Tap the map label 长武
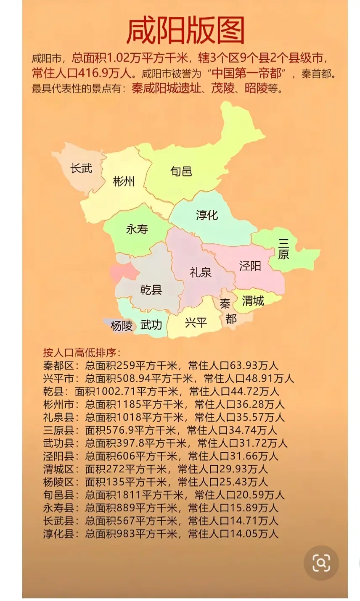coord(81,168)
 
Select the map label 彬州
coord(124,181)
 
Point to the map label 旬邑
coord(181,171)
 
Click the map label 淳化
coord(207,215)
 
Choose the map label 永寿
coord(137,229)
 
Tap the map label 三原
coord(283,249)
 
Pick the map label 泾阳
coord(250,266)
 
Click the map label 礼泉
coord(201,272)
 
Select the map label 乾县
coord(151,290)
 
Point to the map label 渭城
coord(253,300)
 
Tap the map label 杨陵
coord(122,326)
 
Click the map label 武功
coord(151,324)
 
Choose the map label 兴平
coord(196,322)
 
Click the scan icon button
coord(321,563)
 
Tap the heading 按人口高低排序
coord(82,353)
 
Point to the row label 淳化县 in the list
coord(58,534)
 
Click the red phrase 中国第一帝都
coord(246,73)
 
